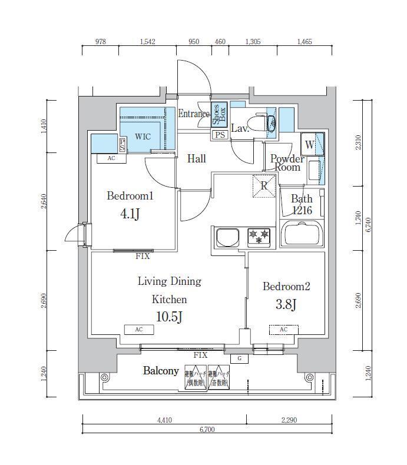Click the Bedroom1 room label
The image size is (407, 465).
click(x=130, y=196)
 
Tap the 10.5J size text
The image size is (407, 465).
click(x=169, y=317)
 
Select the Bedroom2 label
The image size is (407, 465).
click(x=286, y=287)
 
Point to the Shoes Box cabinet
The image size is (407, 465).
click(x=218, y=115)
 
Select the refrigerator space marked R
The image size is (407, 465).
click(x=264, y=185)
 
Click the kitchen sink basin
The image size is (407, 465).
click(x=228, y=238)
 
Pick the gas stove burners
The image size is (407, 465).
click(x=259, y=237)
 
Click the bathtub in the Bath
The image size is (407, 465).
click(x=303, y=235)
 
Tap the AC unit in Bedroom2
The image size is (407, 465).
click(x=283, y=330)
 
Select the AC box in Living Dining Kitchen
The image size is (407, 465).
click(x=139, y=330)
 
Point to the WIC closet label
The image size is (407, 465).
click(x=143, y=137)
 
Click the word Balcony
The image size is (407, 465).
click(x=161, y=371)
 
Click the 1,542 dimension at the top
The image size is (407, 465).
click(x=148, y=42)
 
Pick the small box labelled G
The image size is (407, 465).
click(x=239, y=358)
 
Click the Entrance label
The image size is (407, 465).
click(x=194, y=114)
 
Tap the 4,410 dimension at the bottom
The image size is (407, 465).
click(x=165, y=420)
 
